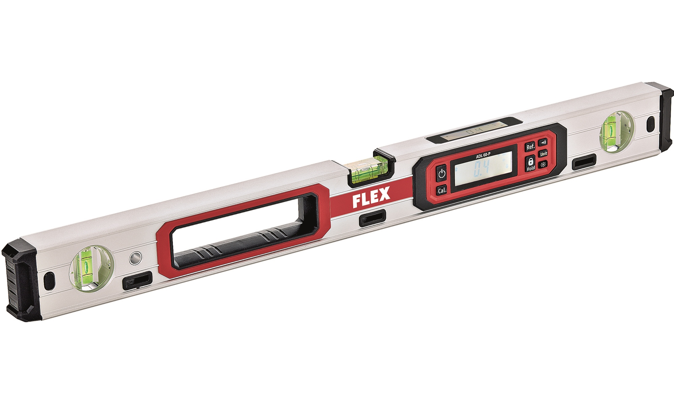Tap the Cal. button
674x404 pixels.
(x=442, y=191)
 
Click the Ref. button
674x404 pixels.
(x=530, y=147)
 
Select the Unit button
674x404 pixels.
(x=544, y=154)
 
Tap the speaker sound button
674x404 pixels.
(x=543, y=142)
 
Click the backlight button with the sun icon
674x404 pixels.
(x=543, y=165)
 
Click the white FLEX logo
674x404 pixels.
(x=371, y=197)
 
